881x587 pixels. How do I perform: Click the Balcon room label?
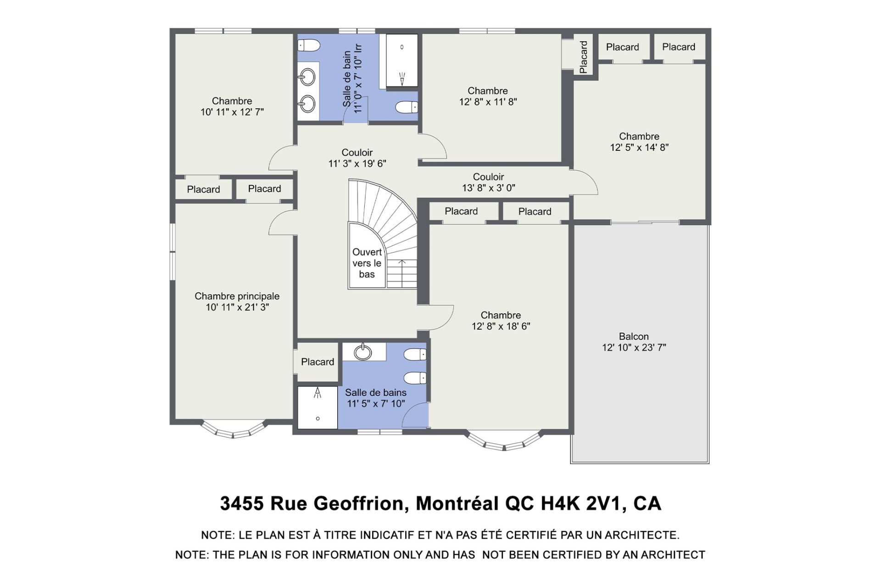click(x=634, y=342)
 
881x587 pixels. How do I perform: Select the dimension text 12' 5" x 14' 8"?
click(x=639, y=147)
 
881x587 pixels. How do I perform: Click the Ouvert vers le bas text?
click(x=367, y=263)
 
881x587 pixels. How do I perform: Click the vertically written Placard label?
click(x=583, y=57)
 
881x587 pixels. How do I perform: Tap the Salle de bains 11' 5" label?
click(x=376, y=398)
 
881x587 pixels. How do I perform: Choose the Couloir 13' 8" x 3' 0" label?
click(x=488, y=182)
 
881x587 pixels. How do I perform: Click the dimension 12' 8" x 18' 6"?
click(x=501, y=326)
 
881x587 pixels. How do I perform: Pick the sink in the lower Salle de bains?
click(x=363, y=352)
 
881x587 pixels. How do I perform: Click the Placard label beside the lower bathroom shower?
click(x=318, y=362)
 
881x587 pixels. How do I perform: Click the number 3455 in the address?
click(x=242, y=503)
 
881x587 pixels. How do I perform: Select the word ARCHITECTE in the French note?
click(x=642, y=535)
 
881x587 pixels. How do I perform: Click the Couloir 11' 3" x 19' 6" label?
click(x=357, y=158)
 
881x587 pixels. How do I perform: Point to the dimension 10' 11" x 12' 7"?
click(x=232, y=112)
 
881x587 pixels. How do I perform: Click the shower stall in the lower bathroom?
click(x=318, y=407)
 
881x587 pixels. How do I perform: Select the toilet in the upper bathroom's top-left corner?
click(x=309, y=45)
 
